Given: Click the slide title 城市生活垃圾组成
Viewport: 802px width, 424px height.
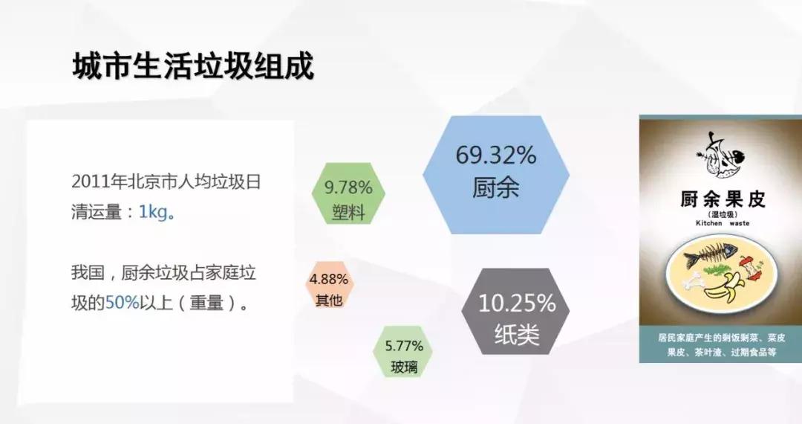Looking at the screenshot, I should [x=193, y=65].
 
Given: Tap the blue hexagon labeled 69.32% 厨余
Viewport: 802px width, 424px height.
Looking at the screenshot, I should [x=495, y=172].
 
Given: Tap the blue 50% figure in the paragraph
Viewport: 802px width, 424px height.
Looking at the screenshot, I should [x=123, y=303].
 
